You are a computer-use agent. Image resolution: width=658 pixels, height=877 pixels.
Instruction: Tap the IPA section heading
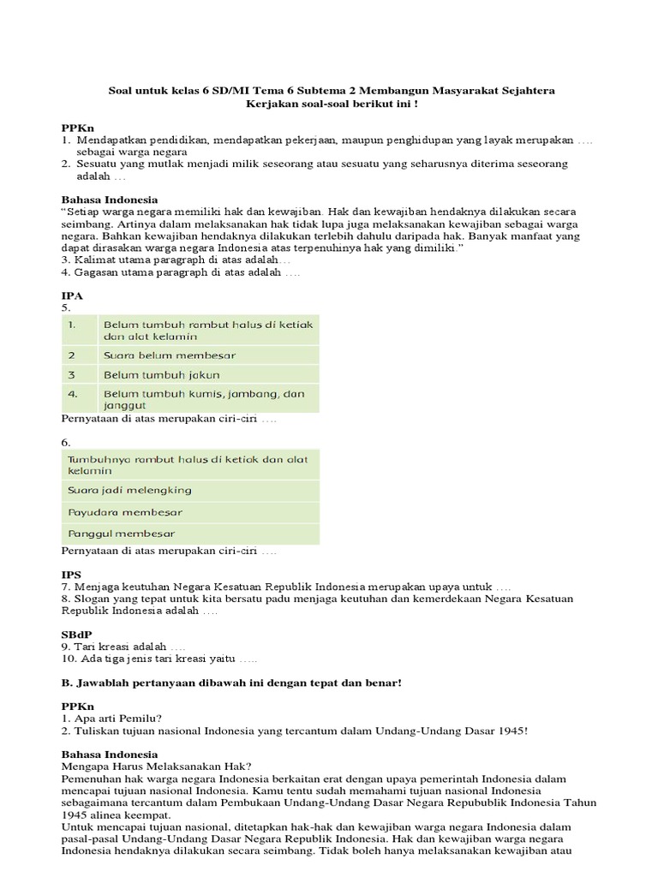click(72, 295)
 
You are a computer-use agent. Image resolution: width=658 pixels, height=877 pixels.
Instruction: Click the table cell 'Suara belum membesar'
click(170, 355)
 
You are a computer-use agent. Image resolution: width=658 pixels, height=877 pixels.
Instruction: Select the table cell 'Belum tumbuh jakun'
click(161, 375)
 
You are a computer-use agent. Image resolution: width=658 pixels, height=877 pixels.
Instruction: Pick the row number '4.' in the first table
click(74, 394)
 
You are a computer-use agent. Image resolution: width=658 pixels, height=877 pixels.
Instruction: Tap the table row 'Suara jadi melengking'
click(129, 490)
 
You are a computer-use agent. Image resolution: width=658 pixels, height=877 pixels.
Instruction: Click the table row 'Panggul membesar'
click(122, 534)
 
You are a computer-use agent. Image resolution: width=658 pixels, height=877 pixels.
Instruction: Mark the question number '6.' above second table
click(65, 442)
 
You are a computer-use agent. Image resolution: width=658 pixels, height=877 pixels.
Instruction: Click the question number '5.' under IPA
click(64, 307)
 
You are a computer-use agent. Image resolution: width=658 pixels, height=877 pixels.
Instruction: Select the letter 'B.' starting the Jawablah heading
click(66, 682)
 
